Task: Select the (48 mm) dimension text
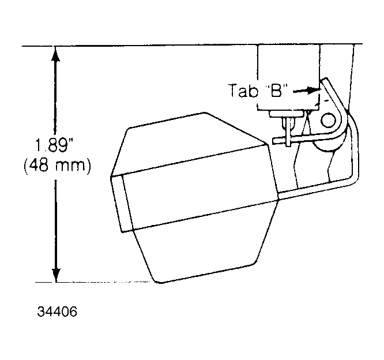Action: pos(57,166)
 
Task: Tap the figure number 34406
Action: pos(57,312)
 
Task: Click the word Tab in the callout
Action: pos(243,91)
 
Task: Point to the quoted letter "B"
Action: pos(277,91)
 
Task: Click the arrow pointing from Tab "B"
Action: pos(306,91)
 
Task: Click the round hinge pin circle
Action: pos(328,120)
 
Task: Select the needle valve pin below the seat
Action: pos(289,132)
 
